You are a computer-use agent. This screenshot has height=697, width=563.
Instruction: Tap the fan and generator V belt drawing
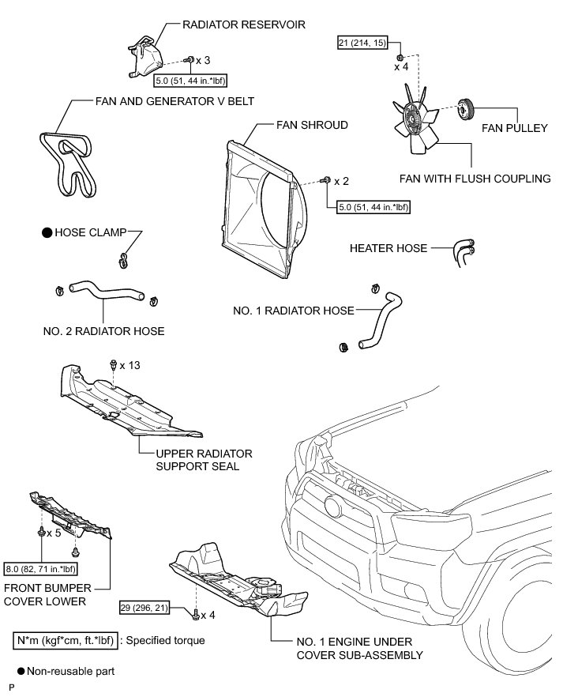[67, 163]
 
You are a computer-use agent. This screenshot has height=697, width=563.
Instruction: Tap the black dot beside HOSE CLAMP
[47, 233]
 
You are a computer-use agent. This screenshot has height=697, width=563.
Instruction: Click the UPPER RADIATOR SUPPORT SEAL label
[204, 460]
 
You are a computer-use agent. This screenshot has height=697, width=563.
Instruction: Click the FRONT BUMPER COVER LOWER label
[47, 593]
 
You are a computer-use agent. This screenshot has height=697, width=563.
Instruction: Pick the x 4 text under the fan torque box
[402, 67]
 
